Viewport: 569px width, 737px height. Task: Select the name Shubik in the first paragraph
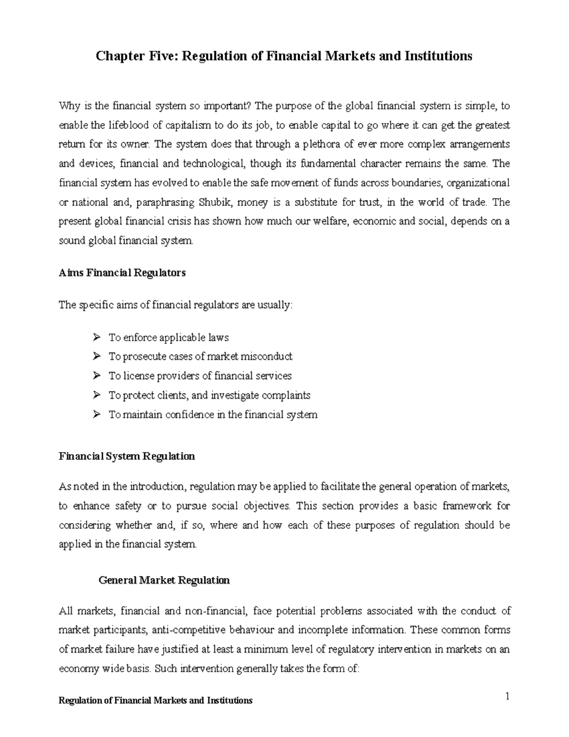215,202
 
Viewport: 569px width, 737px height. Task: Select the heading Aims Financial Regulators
122,273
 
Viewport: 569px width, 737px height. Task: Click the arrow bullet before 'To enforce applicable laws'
97,337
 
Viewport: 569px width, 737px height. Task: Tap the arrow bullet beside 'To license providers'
97,376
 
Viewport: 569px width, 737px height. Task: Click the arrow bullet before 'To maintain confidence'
97,414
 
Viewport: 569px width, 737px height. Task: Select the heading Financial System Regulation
127,456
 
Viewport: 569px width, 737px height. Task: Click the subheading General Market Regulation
164,580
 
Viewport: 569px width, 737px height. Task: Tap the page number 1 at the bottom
507,697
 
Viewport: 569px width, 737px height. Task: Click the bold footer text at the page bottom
155,700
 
